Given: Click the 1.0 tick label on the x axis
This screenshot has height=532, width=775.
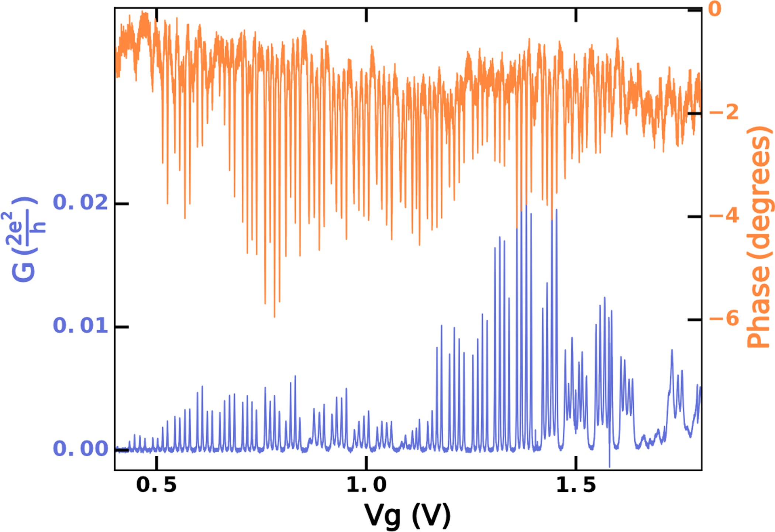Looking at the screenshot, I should pyautogui.click(x=366, y=485).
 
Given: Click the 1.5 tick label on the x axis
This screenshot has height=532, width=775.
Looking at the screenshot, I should pyautogui.click(x=576, y=485).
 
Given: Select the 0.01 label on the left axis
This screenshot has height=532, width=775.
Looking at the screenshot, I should pyautogui.click(x=81, y=326).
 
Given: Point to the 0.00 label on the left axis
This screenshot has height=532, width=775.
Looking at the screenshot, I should pyautogui.click(x=81, y=449).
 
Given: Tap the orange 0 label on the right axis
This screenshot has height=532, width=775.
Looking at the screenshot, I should pyautogui.click(x=715, y=9).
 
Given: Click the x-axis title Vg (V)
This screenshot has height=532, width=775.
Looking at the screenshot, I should pyautogui.click(x=407, y=515).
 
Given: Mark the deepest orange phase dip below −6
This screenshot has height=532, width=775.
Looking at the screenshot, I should pyautogui.click(x=274, y=316).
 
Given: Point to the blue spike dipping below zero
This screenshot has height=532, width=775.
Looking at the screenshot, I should pyautogui.click(x=609, y=466).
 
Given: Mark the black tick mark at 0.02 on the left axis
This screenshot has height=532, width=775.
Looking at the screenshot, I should pyautogui.click(x=121, y=203).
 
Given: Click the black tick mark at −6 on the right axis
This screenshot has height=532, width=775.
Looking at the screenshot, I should pyautogui.click(x=695, y=319).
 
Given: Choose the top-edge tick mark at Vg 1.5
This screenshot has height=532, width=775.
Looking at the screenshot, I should pyautogui.click(x=576, y=14).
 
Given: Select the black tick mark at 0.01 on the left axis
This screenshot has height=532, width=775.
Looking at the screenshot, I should pyautogui.click(x=121, y=327).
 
